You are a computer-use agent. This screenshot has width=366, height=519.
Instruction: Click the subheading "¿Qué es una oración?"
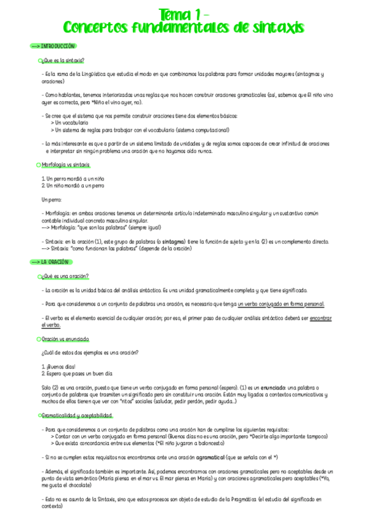[x=65, y=276]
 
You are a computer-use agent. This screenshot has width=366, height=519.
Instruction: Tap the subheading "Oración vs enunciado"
[x=65, y=338]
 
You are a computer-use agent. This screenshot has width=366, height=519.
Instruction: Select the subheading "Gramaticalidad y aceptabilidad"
[x=77, y=416]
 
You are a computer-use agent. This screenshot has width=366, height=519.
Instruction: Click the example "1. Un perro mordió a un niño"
[x=69, y=178]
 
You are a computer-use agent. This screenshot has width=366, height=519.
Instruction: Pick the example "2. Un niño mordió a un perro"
[x=69, y=185]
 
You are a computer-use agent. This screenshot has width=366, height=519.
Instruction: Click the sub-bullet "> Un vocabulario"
[x=71, y=123]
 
